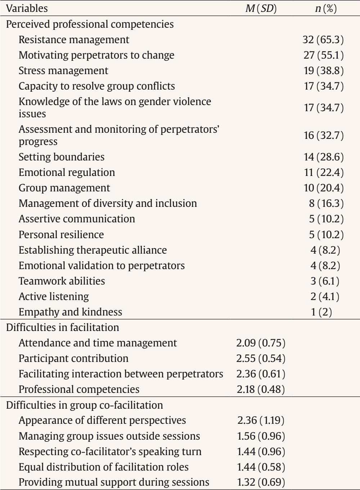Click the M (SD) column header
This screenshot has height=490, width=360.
(261, 8)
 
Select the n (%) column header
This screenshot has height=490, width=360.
(325, 8)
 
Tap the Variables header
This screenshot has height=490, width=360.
(27, 8)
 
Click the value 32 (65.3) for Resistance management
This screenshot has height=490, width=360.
(323, 40)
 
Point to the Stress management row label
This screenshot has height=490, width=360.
(63, 71)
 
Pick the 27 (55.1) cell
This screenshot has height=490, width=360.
(323, 55)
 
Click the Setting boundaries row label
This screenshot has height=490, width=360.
(62, 157)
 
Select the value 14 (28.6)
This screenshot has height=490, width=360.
(323, 157)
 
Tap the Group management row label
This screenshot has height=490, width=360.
(64, 188)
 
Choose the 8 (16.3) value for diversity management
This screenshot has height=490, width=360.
(326, 203)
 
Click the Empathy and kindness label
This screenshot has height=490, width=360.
(71, 312)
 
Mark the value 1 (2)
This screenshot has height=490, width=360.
(321, 312)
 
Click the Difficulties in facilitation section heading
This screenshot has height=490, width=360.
(63, 327)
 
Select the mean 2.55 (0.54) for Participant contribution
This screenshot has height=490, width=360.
(261, 358)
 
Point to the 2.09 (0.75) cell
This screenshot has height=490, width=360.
(261, 343)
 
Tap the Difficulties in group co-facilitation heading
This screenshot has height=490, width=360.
(85, 405)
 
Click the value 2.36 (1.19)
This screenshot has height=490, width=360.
(261, 421)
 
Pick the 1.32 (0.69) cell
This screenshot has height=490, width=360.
(261, 482)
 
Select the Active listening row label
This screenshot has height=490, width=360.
(54, 296)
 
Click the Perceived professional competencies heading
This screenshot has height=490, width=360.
(90, 24)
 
